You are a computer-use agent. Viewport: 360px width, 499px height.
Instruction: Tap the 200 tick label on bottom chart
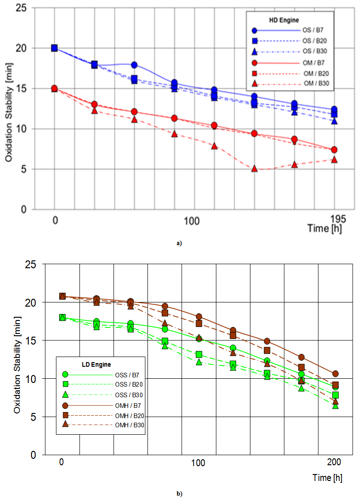(334, 462)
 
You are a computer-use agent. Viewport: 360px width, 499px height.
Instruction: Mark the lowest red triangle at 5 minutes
(254, 169)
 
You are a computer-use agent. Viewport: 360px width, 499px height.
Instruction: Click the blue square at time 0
(55, 48)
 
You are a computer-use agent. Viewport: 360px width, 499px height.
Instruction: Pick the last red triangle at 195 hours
(334, 160)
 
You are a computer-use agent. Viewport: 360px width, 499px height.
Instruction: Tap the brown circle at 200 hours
(336, 374)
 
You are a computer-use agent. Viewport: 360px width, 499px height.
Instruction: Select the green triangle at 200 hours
(336, 406)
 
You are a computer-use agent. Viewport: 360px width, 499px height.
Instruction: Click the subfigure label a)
(179, 243)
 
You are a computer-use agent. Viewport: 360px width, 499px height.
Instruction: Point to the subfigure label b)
(179, 493)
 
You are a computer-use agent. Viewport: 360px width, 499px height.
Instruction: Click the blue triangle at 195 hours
(334, 121)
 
